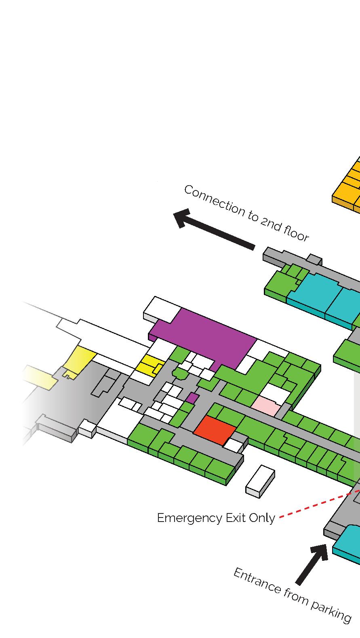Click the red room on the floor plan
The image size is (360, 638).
[215, 430]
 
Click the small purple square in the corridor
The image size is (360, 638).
[192, 398]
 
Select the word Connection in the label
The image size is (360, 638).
[214, 203]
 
